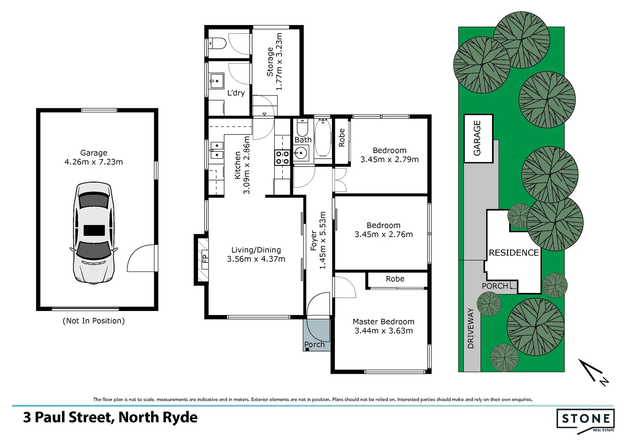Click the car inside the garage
[x=93, y=233]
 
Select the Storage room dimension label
[x=279, y=62]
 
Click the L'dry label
[x=236, y=93]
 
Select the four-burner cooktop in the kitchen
[x=282, y=158]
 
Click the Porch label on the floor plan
[x=314, y=345]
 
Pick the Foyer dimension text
[x=322, y=240]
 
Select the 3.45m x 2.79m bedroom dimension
[x=389, y=160]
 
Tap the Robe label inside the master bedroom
[x=395, y=279]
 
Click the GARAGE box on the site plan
[x=478, y=139]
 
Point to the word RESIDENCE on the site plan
[x=514, y=253]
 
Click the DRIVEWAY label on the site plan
[x=471, y=329]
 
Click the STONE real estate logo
[x=585, y=419]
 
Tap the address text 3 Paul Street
[x=110, y=418]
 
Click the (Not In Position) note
[x=93, y=321]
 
